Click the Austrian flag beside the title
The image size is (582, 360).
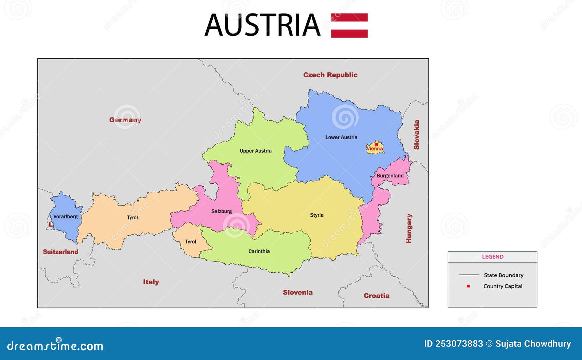click(349, 25)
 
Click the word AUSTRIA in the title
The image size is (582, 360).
click(262, 25)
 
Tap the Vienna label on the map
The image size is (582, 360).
click(375, 149)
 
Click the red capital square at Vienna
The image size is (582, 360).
click(376, 144)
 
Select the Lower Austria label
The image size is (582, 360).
click(341, 137)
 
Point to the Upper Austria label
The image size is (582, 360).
click(255, 151)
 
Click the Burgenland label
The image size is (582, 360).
click(390, 176)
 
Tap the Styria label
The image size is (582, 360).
click(316, 215)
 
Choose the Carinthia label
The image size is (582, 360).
click(259, 251)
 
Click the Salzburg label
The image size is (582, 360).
click(221, 211)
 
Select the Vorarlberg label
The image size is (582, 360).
click(65, 216)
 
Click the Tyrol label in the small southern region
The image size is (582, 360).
click(190, 242)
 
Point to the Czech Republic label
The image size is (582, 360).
click(330, 75)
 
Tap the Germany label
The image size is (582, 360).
click(125, 120)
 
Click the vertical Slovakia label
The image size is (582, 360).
click(416, 135)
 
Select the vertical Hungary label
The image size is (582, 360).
click(409, 228)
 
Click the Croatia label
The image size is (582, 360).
click(376, 296)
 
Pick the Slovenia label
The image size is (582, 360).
click(298, 292)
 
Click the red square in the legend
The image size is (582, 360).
click(468, 286)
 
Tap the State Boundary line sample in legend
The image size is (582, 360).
click(469, 275)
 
